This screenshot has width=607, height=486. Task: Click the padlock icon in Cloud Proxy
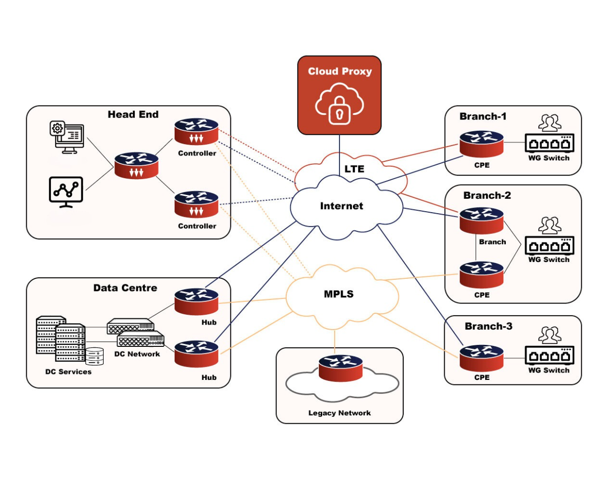[340, 112]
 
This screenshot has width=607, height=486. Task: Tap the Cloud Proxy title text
[340, 72]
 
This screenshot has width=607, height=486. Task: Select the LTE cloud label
[354, 169]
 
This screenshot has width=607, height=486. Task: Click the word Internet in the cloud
[341, 206]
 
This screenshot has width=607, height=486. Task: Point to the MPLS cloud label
[339, 294]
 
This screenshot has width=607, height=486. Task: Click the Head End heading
[133, 114]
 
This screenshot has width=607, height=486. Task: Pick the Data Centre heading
[125, 288]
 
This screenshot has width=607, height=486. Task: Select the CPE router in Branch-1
[482, 144]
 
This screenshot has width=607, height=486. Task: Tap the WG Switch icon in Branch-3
[549, 355]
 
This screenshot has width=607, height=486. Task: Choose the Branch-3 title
[489, 327]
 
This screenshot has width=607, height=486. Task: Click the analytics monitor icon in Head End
[66, 191]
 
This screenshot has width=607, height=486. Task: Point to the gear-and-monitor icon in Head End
[67, 137]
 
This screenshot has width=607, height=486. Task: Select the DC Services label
[69, 372]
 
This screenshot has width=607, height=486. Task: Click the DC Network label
[137, 354]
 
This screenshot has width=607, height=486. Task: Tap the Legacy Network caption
[340, 413]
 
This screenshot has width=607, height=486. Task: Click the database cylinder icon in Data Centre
[94, 356]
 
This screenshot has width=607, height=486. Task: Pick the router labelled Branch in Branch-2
[482, 221]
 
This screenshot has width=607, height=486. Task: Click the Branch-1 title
[483, 116]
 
